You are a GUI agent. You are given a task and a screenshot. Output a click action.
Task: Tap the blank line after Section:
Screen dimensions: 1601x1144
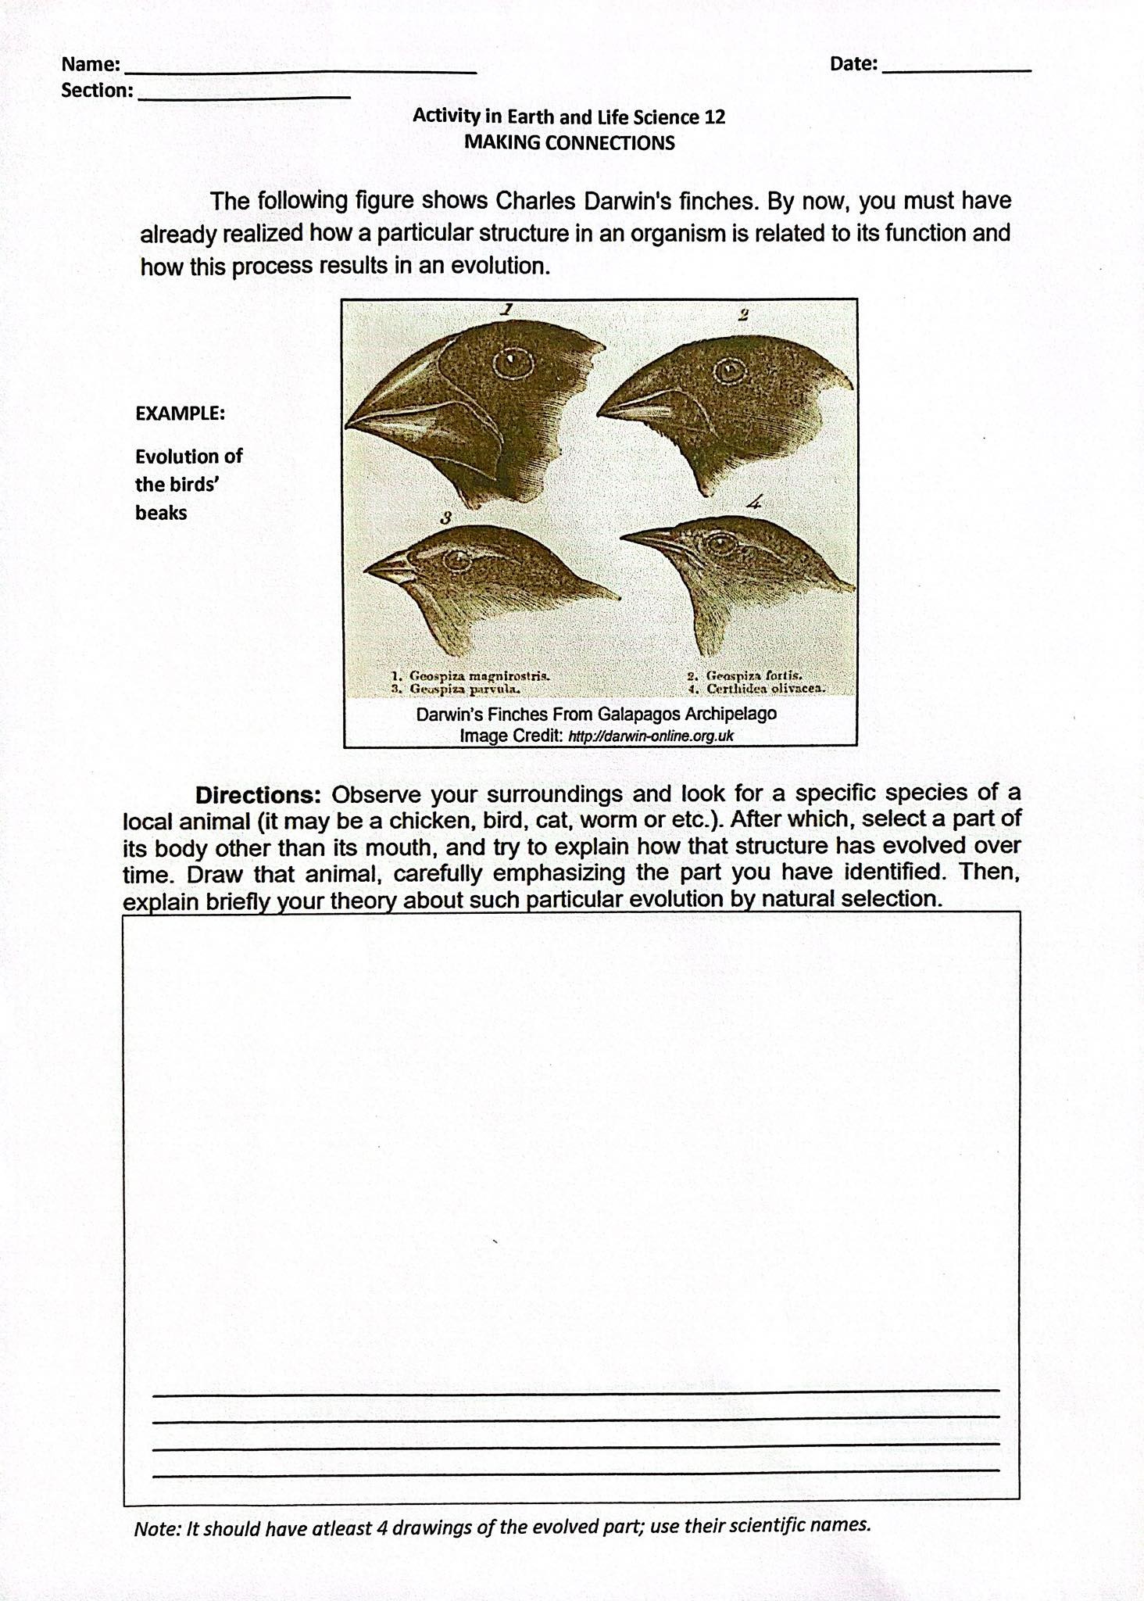[244, 95]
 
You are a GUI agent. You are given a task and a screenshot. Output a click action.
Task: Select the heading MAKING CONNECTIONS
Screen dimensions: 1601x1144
[569, 143]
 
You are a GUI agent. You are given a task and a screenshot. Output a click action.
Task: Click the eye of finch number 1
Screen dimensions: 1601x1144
[513, 361]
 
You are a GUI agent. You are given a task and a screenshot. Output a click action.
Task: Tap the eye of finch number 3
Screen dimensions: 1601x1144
[456, 560]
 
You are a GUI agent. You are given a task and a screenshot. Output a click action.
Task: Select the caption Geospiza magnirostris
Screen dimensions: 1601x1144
[480, 675]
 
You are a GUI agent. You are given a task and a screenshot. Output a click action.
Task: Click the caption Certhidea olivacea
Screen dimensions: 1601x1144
[766, 689]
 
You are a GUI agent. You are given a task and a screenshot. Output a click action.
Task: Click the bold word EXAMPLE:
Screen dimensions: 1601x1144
[181, 414]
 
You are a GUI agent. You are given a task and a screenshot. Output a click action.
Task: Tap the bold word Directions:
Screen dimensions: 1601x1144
[258, 795]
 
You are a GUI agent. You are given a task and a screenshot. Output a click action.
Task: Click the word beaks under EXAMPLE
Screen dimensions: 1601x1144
[161, 513]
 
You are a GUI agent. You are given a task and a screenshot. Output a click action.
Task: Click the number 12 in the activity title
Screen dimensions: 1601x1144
[714, 117]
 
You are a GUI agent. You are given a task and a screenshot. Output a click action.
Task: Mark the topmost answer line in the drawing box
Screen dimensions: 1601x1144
[576, 1391]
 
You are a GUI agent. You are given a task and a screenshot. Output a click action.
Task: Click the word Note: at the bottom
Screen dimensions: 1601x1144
[158, 1529]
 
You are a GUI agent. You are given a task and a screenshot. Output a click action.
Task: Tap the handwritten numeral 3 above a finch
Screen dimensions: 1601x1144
[445, 517]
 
